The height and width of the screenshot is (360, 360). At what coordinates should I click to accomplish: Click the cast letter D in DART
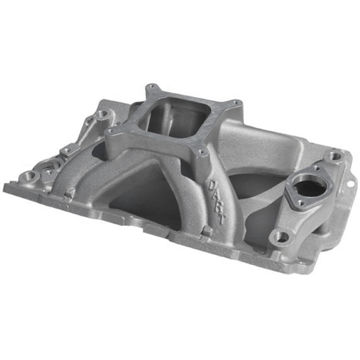coord(213,186)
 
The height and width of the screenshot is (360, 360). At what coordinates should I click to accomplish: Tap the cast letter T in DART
coord(221,218)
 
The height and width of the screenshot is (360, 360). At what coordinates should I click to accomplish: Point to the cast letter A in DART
coord(216,197)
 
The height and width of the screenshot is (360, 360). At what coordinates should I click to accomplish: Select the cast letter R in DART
coord(218,207)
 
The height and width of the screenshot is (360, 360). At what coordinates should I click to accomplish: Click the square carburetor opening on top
coord(176,118)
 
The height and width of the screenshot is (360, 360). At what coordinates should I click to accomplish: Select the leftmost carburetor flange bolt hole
coord(110,131)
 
